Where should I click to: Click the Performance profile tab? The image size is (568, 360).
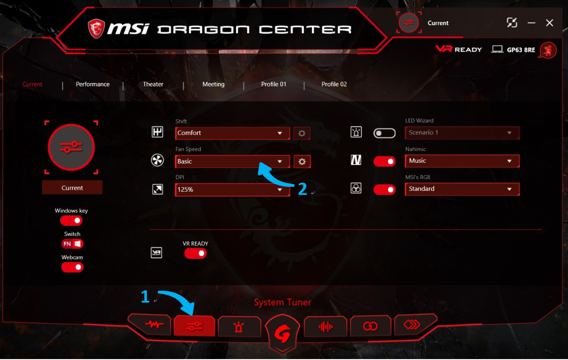[x=93, y=84]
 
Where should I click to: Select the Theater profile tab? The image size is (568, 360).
[x=153, y=84]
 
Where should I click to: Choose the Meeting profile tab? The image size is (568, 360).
[x=213, y=84]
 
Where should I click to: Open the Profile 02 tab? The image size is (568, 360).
[x=334, y=84]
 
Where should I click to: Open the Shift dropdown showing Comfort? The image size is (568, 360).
[x=232, y=133]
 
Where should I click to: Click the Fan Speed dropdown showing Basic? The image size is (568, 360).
[x=232, y=161]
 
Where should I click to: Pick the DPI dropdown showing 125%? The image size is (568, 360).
[x=232, y=189]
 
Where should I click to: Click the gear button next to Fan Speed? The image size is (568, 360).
[x=302, y=161]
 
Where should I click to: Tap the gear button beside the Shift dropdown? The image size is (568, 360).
[x=302, y=133]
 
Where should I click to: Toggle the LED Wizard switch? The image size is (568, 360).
[x=384, y=133]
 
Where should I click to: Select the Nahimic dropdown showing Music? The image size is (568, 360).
[x=462, y=161]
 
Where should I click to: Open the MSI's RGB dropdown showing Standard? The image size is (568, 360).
[x=462, y=189]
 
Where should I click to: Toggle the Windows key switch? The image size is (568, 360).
[x=71, y=221]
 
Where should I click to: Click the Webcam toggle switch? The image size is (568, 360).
[x=72, y=267]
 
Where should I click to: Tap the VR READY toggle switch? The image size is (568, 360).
[x=195, y=253]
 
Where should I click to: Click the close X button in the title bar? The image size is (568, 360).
[x=549, y=23]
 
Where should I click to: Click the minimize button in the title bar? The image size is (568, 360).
[x=531, y=23]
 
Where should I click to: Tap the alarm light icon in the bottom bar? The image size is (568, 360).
[x=239, y=326]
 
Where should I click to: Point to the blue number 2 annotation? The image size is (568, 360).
[x=303, y=189]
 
